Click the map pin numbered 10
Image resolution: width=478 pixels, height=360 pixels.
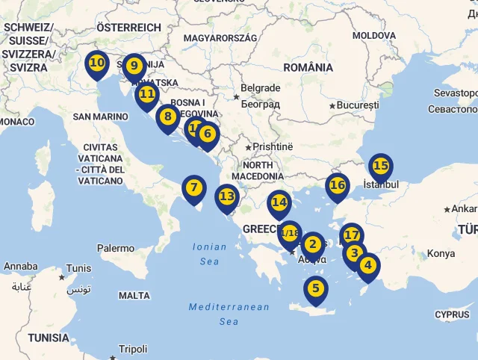coord(96,64)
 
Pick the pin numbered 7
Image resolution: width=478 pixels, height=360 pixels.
coord(193,188)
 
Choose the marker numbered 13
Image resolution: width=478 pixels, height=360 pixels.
coord(227,197)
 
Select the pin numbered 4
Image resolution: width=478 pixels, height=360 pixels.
coord(367,266)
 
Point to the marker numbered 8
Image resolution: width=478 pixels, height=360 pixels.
coord(167,117)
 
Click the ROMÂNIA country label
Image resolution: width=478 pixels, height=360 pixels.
coord(308,67)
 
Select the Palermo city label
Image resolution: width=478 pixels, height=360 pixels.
coord(116,248)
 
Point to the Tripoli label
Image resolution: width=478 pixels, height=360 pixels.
coord(133,349)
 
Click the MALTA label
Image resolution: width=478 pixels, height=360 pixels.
coord(134,296)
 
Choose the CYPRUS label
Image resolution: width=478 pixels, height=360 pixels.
coord(452,314)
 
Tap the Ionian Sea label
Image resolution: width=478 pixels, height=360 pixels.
coord(209,254)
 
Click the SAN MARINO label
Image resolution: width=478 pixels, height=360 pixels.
coord(101,117)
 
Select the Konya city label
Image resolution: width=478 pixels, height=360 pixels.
coord(441,254)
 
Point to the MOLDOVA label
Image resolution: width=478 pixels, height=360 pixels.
coord(374,35)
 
